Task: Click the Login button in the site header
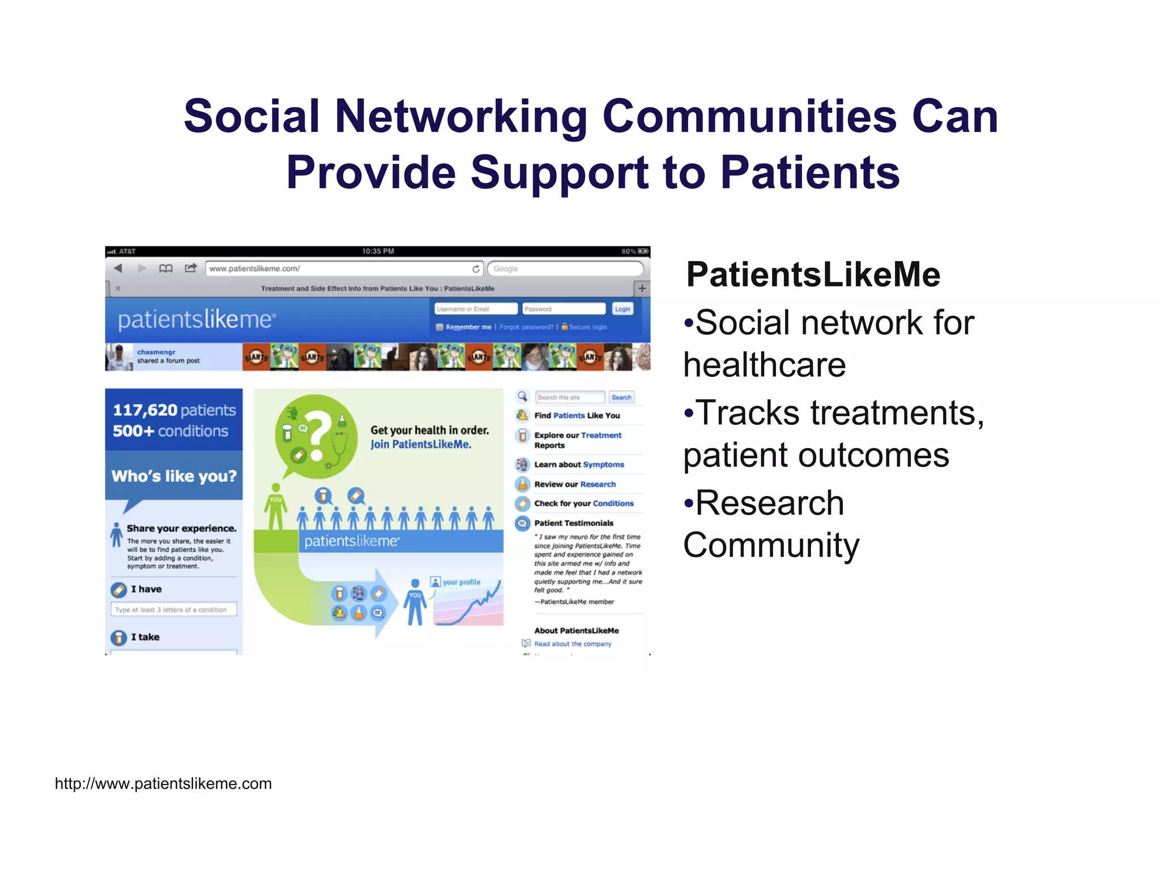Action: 622,309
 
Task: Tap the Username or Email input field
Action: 475,309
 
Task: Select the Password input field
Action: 563,309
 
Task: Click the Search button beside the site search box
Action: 621,397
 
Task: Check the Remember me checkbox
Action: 440,327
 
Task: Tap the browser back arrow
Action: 118,268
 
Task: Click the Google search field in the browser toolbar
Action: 565,268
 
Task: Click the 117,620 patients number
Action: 145,410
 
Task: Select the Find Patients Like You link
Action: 577,415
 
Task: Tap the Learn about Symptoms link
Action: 579,464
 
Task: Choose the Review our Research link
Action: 574,484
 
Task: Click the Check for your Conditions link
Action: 583,503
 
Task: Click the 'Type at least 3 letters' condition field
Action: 173,609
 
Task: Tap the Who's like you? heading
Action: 174,476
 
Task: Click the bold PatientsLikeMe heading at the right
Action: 813,275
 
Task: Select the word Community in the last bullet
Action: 771,545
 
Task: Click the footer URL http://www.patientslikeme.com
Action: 163,783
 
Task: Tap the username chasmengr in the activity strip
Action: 156,352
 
